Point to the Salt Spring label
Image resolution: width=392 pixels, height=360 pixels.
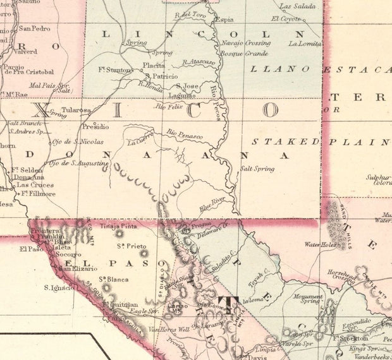[257, 169]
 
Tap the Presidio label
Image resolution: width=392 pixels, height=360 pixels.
[95, 126]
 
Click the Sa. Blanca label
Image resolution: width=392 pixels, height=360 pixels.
[113, 279]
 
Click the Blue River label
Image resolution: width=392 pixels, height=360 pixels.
[212, 203]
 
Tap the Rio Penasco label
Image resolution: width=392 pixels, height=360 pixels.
[185, 133]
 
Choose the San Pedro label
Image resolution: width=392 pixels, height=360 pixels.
[34, 28]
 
